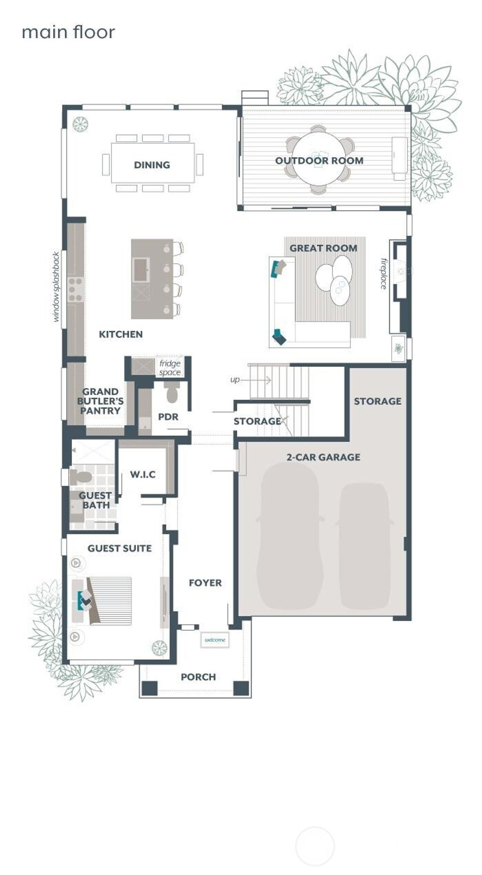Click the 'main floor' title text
coord(68,32)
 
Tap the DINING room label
coord(152,165)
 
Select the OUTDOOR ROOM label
coord(319,161)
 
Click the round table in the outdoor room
coord(319,158)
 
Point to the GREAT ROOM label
coord(323,248)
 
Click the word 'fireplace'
coord(383,273)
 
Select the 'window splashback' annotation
coord(56,287)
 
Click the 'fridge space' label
coord(169,368)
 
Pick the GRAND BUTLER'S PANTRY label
coord(100,401)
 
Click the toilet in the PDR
coord(172,393)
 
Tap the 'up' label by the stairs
coord(234,380)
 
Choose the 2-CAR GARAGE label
coord(323,457)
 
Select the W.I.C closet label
coord(143,474)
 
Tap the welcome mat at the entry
coord(215,640)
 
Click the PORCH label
coord(198,677)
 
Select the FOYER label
coord(205,583)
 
